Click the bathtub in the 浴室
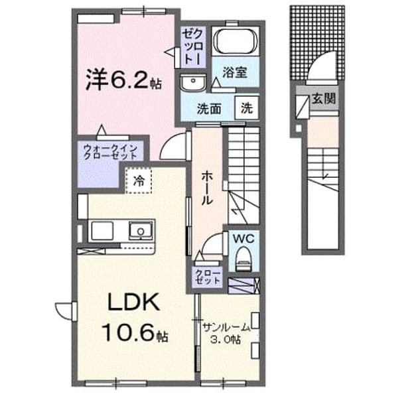(x=236, y=41)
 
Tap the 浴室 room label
(x=235, y=72)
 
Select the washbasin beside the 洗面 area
(x=193, y=83)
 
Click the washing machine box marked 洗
(x=247, y=107)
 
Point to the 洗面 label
(x=209, y=109)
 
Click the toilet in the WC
(x=244, y=258)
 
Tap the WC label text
(x=244, y=239)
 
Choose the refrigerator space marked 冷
(x=139, y=180)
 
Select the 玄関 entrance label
(x=324, y=99)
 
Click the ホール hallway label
(x=207, y=188)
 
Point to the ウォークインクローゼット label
(x=110, y=152)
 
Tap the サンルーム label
(x=227, y=326)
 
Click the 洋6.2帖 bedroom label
(x=123, y=79)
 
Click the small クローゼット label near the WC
(x=208, y=277)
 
